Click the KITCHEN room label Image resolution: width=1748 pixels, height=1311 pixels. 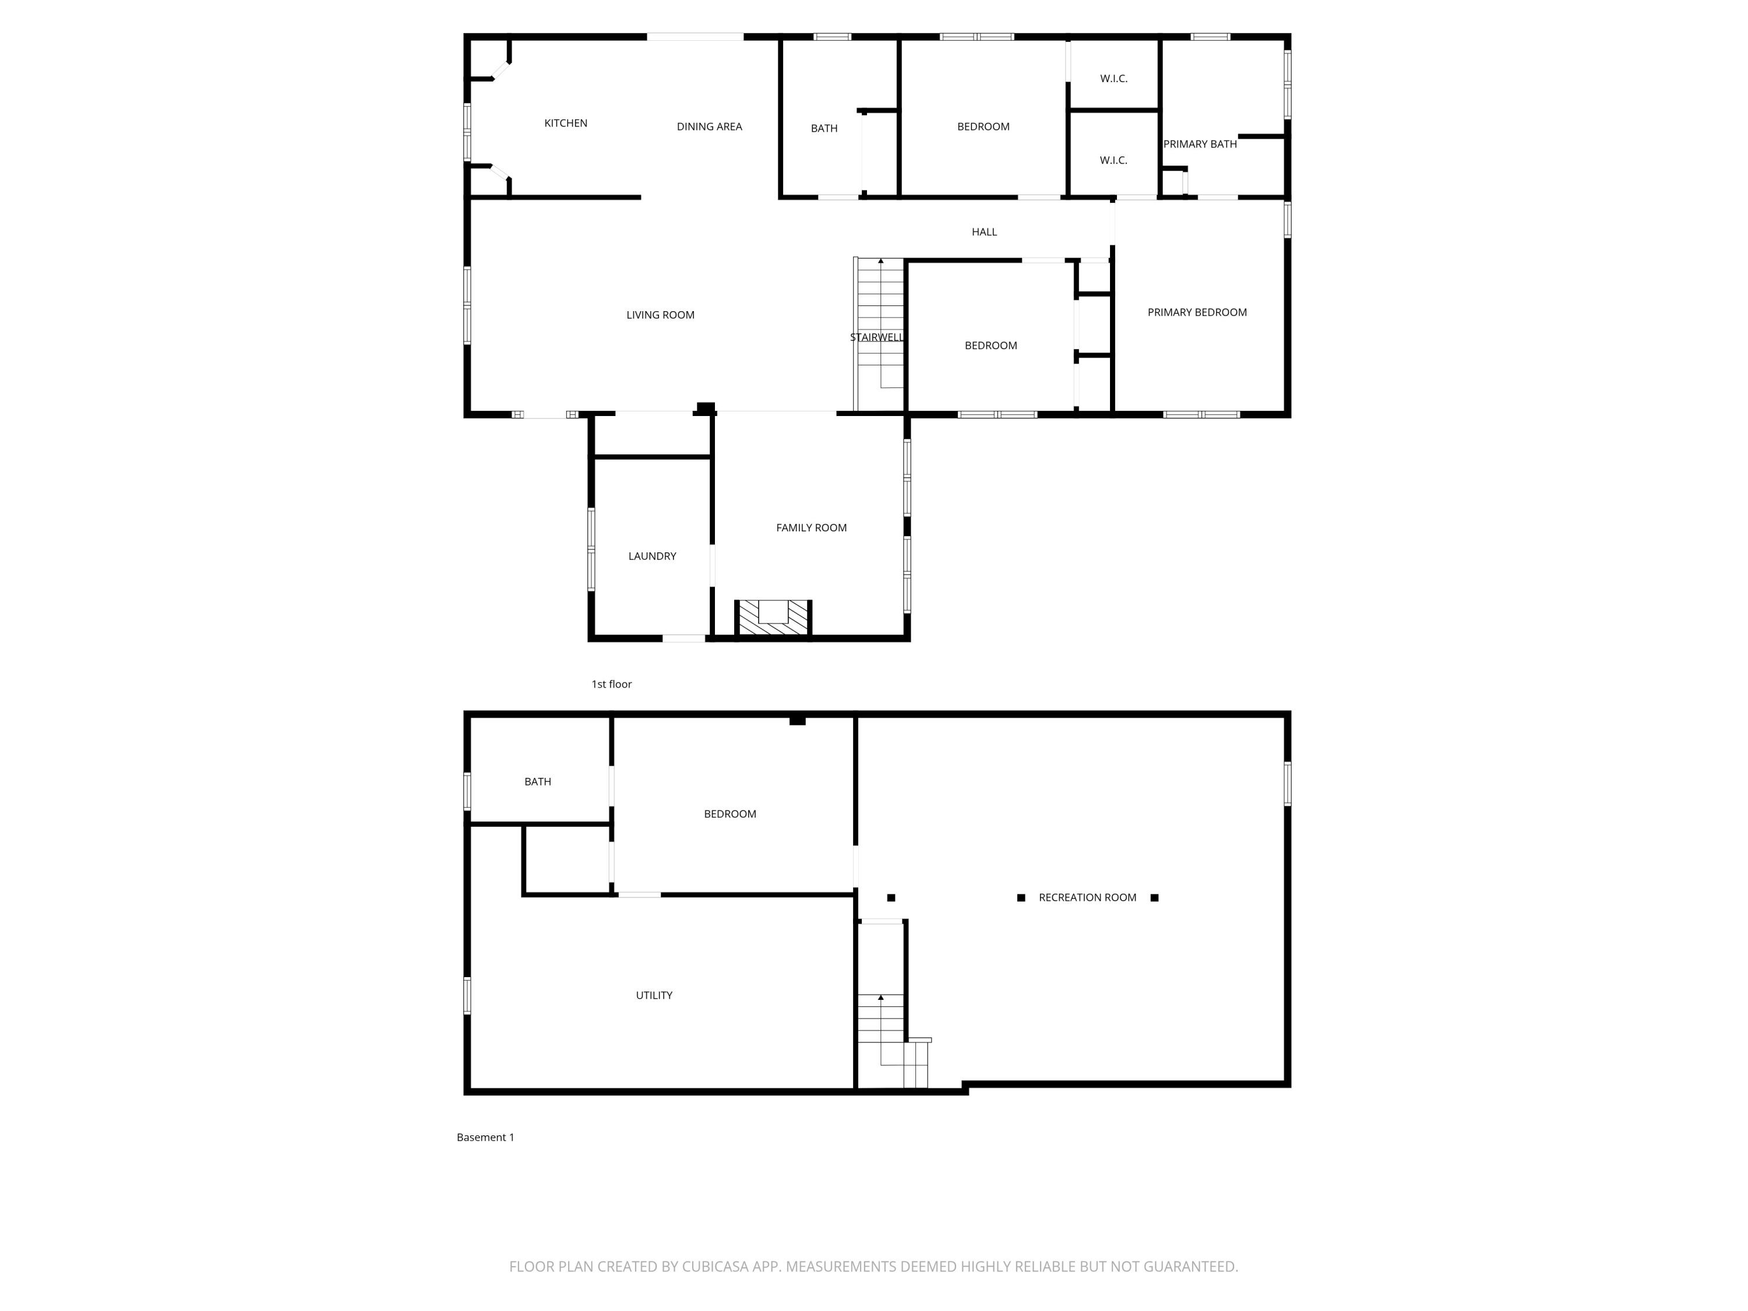tap(565, 124)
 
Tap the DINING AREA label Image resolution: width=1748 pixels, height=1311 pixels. tap(709, 126)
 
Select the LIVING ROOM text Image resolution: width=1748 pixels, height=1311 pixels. tap(660, 315)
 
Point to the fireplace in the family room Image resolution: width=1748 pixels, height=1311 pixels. tap(773, 616)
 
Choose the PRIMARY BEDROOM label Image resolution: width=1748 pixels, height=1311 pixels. tap(1196, 312)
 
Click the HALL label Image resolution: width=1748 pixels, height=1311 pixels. tap(984, 231)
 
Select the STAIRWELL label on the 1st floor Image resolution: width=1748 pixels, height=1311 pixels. tap(876, 337)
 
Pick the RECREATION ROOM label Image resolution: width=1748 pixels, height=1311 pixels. tap(1087, 898)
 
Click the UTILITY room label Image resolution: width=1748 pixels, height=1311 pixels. tap(654, 996)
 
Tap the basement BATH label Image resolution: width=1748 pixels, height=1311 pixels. tap(537, 781)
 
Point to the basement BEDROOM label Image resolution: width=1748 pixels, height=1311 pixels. tap(729, 814)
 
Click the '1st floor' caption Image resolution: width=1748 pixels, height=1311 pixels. tap(611, 685)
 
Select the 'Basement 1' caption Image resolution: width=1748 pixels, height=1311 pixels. tap(485, 1137)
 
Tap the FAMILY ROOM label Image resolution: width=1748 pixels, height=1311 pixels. tap(811, 528)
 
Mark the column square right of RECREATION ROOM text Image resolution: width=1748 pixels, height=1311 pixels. tap(1154, 898)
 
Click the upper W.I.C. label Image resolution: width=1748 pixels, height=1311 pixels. tap(1113, 78)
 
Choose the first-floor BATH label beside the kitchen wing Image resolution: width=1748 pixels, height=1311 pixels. tap(823, 128)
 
